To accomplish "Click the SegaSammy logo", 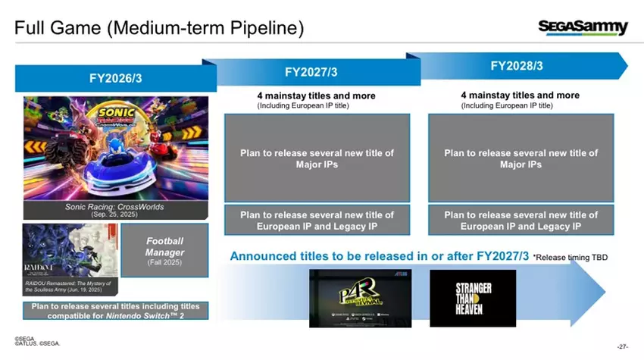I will click(583, 28).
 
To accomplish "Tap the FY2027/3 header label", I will click(311, 72).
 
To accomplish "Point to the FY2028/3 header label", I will click(517, 66).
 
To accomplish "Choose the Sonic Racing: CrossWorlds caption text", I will click(115, 210).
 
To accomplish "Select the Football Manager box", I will click(164, 250).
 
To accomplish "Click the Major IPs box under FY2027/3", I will click(317, 158).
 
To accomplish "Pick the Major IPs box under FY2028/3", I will click(521, 158).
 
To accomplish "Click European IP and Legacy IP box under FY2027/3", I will click(317, 221).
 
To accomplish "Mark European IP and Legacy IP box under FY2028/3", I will click(521, 221).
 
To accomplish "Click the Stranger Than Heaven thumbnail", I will click(472, 299).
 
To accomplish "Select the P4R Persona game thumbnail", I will click(354, 299).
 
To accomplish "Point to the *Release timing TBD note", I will click(570, 258).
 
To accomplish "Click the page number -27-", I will click(623, 346).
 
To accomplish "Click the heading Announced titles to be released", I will click(379, 257).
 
